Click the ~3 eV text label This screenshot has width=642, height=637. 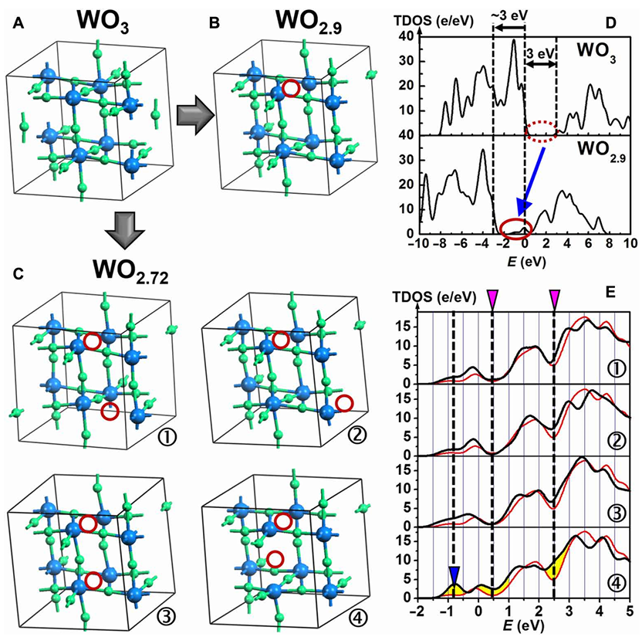click(x=509, y=16)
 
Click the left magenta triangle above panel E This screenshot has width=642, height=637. click(x=492, y=297)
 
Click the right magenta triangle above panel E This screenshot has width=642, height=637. click(x=554, y=297)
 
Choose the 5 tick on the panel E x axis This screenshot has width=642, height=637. click(x=630, y=608)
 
